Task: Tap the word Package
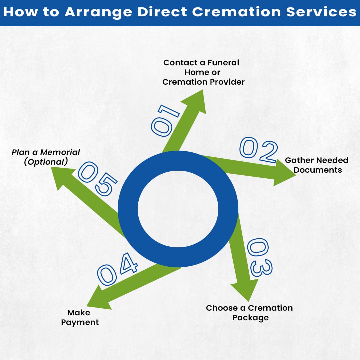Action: [250, 318]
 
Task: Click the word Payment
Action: [80, 322]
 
